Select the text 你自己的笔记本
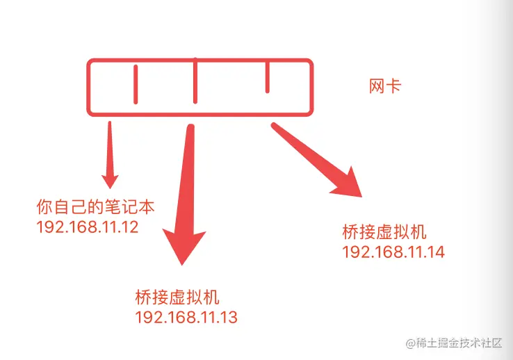point(95,206)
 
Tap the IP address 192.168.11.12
point(87,227)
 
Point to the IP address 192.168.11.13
point(186,318)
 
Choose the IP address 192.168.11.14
point(393,251)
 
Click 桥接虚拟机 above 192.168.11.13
point(177,298)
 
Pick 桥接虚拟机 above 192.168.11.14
point(384,231)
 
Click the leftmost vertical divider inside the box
point(135,84)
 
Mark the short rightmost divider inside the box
point(267,77)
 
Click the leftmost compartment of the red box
point(111,86)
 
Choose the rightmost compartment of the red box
point(288,86)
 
